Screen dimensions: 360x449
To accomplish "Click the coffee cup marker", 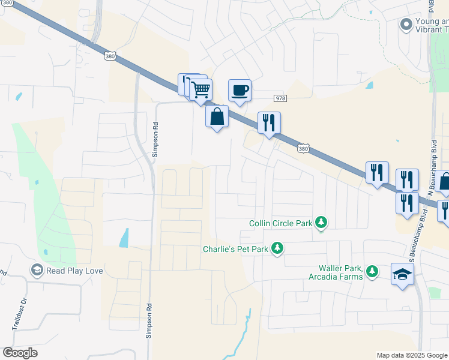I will [240, 91].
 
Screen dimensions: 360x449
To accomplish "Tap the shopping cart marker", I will [201, 90].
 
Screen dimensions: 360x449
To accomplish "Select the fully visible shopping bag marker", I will [217, 116].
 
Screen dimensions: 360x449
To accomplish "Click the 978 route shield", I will [280, 98].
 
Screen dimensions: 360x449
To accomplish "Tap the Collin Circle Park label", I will [281, 224].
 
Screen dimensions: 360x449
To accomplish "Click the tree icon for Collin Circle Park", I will [321, 223].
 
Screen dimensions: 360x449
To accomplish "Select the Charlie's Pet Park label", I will [235, 248].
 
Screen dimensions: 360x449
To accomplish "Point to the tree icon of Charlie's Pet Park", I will [277, 247].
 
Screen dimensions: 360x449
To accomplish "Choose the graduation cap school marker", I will [402, 275].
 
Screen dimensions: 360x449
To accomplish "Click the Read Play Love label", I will [74, 271].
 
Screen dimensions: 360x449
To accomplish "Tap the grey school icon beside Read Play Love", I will [37, 271].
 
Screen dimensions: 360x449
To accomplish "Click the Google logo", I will [20, 353].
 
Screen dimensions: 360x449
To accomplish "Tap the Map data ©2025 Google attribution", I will [412, 355].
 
